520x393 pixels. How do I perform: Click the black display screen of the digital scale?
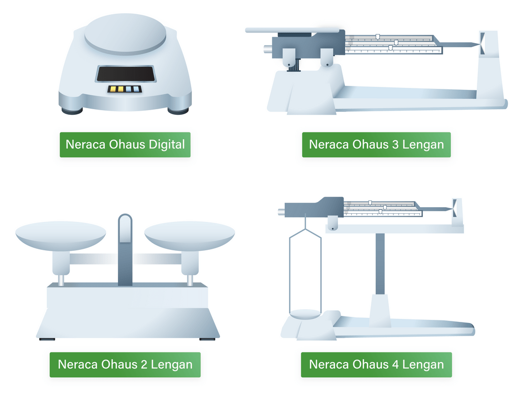coord(126,74)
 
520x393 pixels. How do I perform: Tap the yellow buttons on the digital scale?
coord(116,89)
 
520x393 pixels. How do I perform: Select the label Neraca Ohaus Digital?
coord(125,145)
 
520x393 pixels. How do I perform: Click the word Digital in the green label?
coord(167,145)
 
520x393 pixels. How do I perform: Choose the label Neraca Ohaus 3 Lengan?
coord(377,145)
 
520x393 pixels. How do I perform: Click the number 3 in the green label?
coord(395,145)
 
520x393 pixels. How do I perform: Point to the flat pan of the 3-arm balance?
coord(292,30)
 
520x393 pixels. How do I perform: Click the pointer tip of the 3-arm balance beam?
coord(479,44)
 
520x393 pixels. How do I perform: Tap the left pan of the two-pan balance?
coord(60,235)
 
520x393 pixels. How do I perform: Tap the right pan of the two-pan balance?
coord(190,235)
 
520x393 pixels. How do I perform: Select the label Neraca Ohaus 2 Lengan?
coord(125,365)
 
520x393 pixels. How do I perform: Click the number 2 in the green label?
coord(143,365)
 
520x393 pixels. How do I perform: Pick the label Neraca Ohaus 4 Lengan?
coord(377,365)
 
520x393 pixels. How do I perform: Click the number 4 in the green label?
coord(395,365)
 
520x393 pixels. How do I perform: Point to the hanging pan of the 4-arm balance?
coord(305,314)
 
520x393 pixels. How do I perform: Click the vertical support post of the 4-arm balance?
coord(380,264)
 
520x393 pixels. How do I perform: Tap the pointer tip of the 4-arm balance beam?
coord(451,209)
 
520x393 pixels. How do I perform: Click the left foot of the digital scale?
coord(72,111)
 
